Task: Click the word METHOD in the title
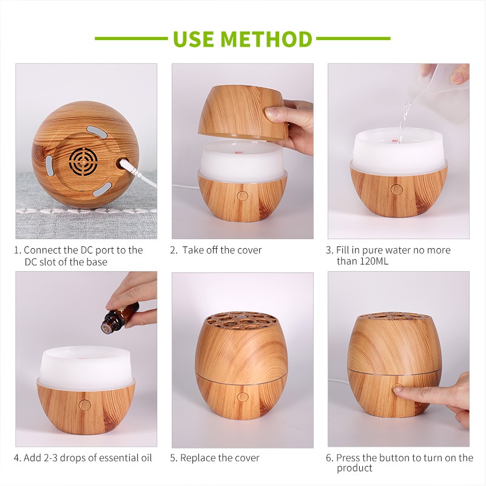(x=266, y=39)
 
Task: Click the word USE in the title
(x=194, y=39)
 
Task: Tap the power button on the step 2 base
(x=242, y=195)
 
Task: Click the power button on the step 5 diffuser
(x=242, y=397)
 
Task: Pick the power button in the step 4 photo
(x=85, y=404)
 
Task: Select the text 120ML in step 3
(x=374, y=261)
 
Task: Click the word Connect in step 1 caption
(x=42, y=250)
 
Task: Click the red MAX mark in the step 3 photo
(x=394, y=141)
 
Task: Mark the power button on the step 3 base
(x=396, y=189)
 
